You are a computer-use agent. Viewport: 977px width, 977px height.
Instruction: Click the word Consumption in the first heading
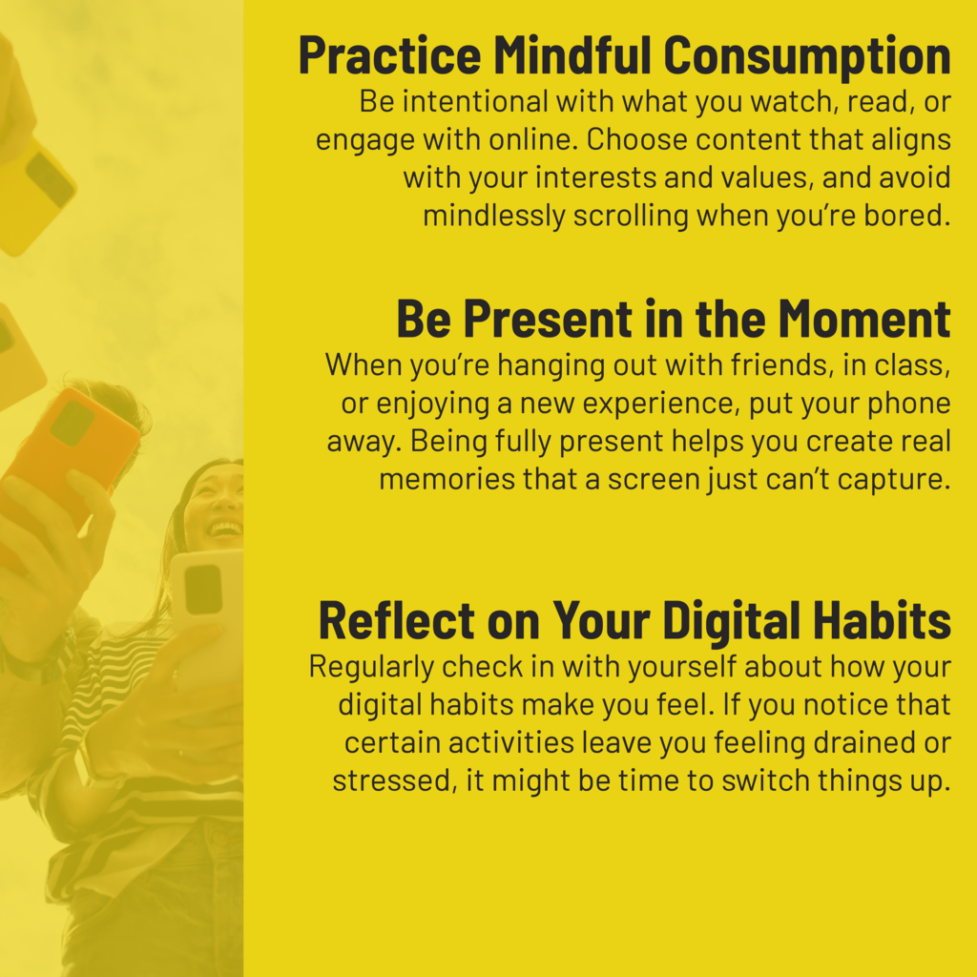807,56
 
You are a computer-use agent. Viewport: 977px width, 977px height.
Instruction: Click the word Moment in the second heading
864,319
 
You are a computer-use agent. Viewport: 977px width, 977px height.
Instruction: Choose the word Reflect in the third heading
396,620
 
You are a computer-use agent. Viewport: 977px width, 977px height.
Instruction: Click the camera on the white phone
203,590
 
